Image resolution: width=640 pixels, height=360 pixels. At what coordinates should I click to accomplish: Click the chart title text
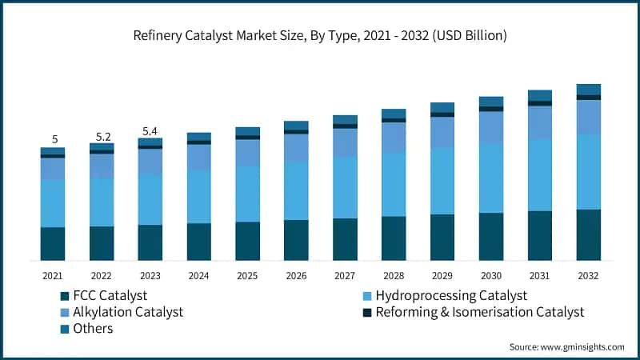tap(320, 36)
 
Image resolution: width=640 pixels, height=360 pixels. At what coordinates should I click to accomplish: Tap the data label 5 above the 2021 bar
tap(53, 138)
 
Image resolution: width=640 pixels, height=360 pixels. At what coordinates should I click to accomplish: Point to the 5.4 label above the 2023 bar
tap(150, 130)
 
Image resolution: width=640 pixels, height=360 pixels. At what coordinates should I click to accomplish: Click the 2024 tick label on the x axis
tap(198, 275)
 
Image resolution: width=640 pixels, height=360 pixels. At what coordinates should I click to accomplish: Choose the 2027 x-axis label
tap(345, 275)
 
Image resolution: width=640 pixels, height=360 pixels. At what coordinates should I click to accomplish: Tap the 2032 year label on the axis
tap(588, 275)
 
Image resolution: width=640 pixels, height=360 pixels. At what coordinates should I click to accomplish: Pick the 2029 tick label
tap(442, 275)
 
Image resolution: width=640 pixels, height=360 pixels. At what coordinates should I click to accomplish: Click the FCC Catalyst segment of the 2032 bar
tap(589, 234)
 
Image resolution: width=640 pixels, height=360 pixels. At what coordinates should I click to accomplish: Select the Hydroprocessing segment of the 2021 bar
tap(53, 203)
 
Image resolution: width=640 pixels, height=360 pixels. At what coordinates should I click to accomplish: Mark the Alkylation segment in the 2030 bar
tap(491, 127)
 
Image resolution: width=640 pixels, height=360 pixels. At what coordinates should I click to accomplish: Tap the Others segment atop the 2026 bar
tap(296, 126)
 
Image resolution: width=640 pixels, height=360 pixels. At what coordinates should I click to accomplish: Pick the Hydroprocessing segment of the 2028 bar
tap(394, 184)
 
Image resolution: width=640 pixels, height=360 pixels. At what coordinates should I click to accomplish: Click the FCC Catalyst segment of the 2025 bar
tap(247, 241)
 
